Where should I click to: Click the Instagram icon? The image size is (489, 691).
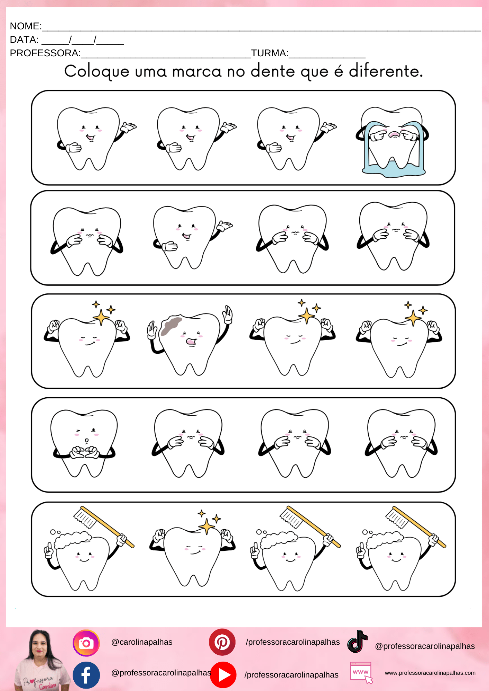coord(86,643)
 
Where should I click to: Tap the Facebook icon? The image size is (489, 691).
coord(86,675)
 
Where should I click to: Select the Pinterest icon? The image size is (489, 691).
coord(222,642)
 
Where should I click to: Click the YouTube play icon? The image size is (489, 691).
coord(223,675)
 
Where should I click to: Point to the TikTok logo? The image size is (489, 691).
coord(357,642)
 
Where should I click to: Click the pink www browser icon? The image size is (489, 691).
coord(361,673)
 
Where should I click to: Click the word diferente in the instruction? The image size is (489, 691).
coord(386,71)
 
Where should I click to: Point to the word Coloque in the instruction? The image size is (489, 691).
coord(97,72)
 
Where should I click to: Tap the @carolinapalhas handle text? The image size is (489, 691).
coord(142,642)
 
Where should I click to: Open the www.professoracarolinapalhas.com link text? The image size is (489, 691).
coord(430,673)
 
